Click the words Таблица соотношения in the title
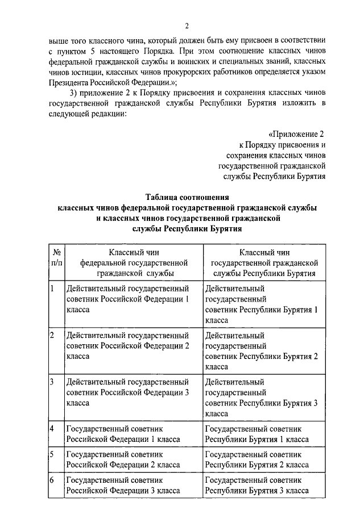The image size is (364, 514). coord(187,198)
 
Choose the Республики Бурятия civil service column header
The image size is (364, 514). coord(264,262)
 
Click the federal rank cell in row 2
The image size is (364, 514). coord(127,345)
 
